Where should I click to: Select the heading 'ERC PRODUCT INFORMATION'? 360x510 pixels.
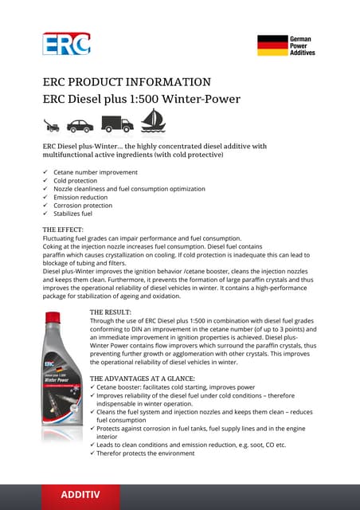(x=127, y=82)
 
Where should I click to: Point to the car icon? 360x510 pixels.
(x=80, y=125)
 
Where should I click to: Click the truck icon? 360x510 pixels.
(x=116, y=124)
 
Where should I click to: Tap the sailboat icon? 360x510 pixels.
(x=152, y=121)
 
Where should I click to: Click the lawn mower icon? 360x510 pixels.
(x=50, y=126)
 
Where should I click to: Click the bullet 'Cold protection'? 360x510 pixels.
(x=75, y=181)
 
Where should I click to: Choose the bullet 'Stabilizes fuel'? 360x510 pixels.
(x=73, y=214)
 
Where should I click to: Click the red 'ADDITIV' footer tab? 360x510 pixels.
(x=80, y=495)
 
